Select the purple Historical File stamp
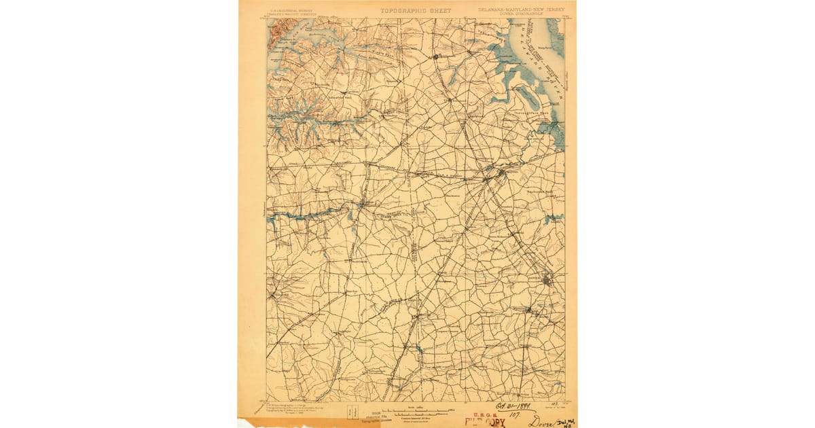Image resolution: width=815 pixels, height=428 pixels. click(378, 416)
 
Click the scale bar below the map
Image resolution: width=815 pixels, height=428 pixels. click(418, 411)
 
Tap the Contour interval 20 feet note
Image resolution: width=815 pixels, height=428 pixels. click(417, 416)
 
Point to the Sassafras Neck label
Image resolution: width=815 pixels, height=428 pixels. click(321, 97)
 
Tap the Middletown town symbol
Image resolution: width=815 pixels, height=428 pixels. click(436, 56)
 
